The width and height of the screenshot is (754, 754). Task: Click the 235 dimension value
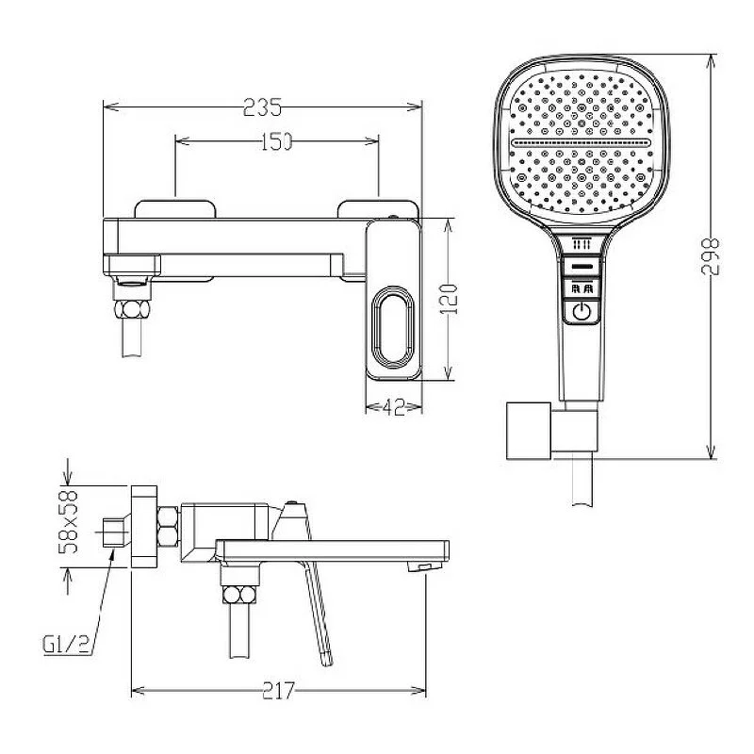(262, 107)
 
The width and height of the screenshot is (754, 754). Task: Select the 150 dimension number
(276, 141)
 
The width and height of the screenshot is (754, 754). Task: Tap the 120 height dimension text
(449, 299)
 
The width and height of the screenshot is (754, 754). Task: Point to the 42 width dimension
(393, 408)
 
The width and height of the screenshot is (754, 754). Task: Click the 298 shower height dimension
(710, 256)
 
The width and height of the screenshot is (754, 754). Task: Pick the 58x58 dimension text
(68, 522)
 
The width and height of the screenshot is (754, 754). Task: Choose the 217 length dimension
(278, 691)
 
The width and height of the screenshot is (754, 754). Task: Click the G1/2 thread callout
(66, 645)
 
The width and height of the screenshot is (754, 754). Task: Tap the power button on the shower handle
(582, 312)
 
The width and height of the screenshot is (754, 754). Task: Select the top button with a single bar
(582, 266)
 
